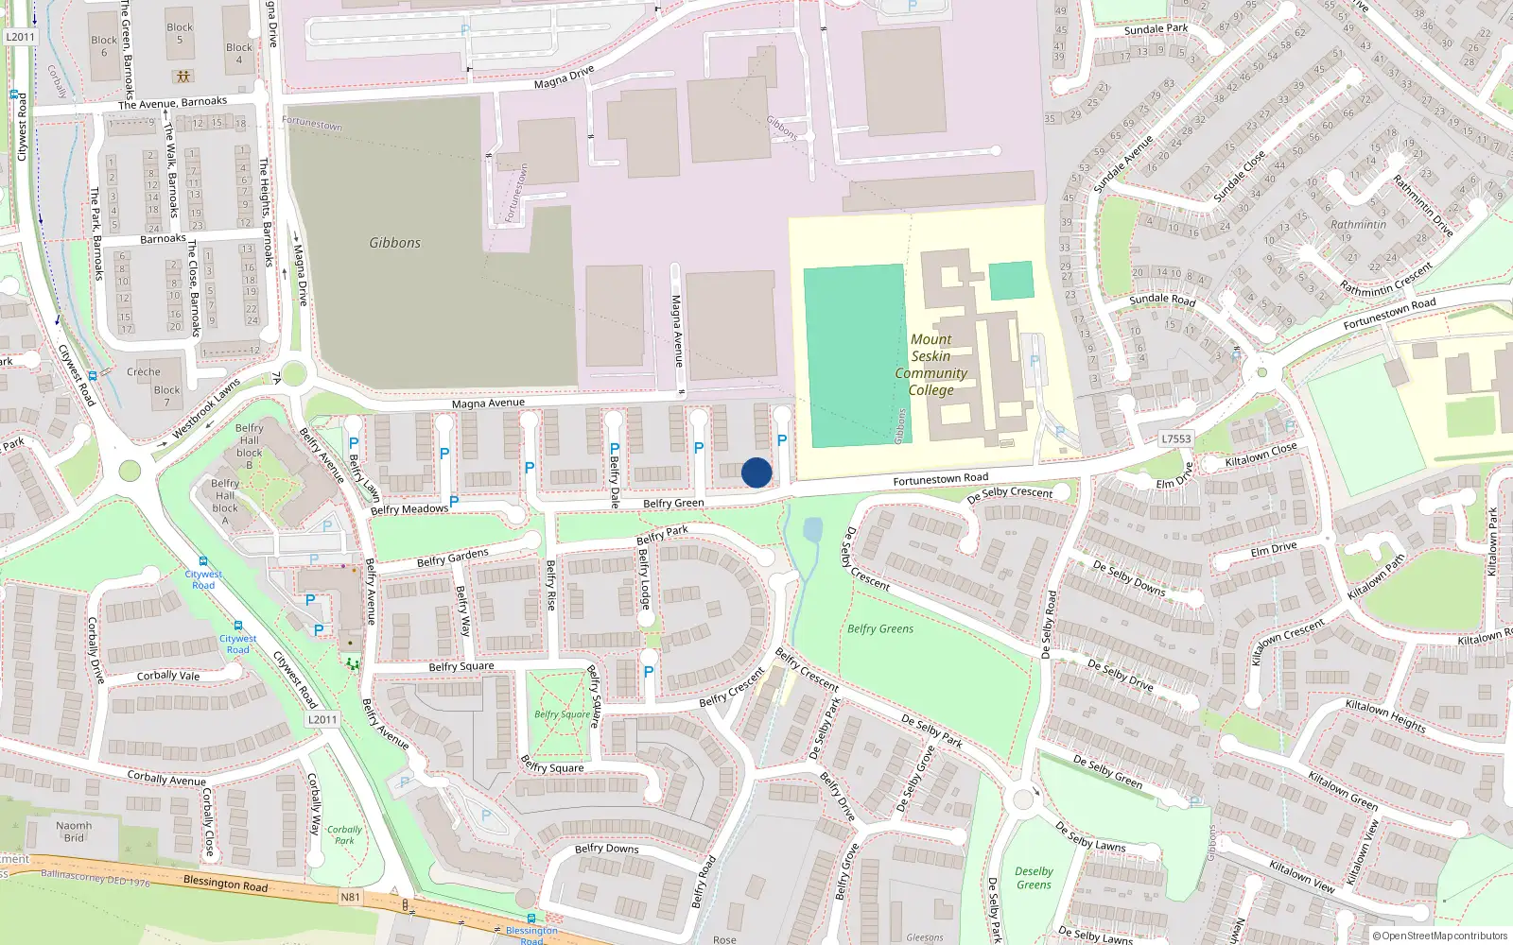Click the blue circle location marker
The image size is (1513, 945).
click(x=756, y=472)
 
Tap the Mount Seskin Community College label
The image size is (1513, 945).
click(x=930, y=365)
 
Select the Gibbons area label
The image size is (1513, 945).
click(x=394, y=243)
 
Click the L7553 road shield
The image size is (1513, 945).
click(x=1175, y=438)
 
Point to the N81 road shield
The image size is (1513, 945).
click(x=350, y=897)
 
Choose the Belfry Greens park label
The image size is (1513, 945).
click(x=880, y=628)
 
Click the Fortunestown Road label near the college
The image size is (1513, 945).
click(x=940, y=479)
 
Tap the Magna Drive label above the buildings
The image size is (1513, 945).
click(x=564, y=77)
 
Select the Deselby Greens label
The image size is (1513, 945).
click(x=1034, y=878)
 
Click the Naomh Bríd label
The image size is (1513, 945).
click(x=74, y=832)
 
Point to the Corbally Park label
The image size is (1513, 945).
click(x=344, y=834)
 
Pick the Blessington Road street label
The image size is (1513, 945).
click(x=225, y=884)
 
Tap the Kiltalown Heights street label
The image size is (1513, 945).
click(x=1385, y=715)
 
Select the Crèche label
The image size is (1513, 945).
click(x=144, y=371)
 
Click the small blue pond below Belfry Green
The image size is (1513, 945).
click(x=812, y=529)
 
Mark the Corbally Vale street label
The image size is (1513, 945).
click(x=168, y=676)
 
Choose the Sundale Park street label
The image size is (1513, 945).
click(x=1156, y=29)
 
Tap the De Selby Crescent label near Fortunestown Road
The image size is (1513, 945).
click(x=1009, y=493)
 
